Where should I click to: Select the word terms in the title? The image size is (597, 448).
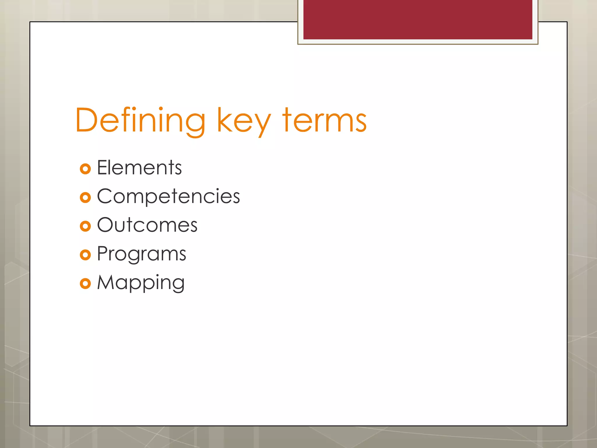click(x=324, y=120)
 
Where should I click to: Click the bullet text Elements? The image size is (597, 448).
click(x=139, y=168)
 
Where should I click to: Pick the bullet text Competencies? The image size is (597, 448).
click(x=168, y=196)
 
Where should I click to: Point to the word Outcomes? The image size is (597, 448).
click(x=147, y=225)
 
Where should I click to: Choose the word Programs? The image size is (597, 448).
click(x=141, y=254)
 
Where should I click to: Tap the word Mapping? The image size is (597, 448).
click(x=141, y=283)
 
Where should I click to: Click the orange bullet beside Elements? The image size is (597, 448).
click(x=85, y=169)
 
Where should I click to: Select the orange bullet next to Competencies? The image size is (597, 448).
click(x=85, y=197)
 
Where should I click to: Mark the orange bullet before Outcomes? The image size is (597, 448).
click(x=85, y=226)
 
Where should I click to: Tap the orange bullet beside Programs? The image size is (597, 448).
click(x=85, y=255)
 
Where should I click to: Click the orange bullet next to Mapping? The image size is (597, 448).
click(x=85, y=283)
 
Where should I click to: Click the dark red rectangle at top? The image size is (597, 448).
click(x=417, y=19)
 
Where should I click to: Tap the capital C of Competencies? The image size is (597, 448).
click(x=105, y=196)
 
